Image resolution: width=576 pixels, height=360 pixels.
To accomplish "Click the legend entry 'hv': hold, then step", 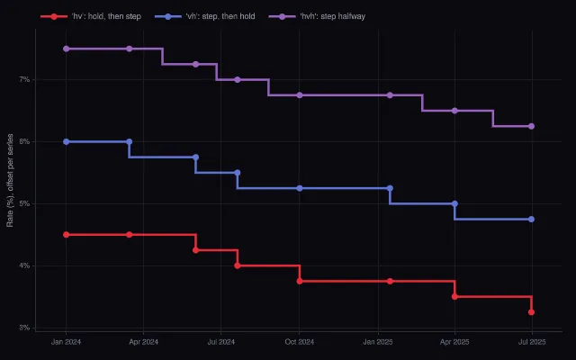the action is tap(91, 16).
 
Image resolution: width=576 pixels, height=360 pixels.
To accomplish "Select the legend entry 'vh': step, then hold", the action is tap(204, 16).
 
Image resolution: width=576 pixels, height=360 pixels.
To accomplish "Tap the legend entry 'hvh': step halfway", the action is tap(317, 16).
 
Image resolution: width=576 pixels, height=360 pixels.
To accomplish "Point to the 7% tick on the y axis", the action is tap(24, 80).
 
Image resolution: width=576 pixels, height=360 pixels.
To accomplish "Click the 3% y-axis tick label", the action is tap(24, 328).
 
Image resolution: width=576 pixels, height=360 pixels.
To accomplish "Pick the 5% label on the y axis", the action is tap(24, 204).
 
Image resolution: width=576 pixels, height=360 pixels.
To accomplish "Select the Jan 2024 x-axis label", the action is tap(66, 342).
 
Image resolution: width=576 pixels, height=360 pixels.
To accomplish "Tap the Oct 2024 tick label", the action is tap(300, 342).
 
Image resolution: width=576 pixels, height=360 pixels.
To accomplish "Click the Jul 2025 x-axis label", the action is tap(532, 342).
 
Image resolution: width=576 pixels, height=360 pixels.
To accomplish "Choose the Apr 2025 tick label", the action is tap(454, 342).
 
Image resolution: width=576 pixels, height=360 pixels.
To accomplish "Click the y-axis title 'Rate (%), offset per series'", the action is tap(10, 180).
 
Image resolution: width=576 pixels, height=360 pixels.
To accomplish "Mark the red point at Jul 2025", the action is tap(531, 312).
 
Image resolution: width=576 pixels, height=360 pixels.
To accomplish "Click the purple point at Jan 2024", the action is tap(66, 49).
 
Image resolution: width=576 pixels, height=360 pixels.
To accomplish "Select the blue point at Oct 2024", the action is tap(300, 188).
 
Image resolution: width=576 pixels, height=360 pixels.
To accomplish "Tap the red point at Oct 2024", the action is tap(300, 282).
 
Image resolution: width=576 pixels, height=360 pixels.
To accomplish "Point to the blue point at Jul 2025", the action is tap(531, 220).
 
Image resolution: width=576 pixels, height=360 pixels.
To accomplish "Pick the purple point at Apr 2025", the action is tap(454, 111).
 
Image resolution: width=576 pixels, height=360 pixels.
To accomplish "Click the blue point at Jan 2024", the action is tap(66, 142).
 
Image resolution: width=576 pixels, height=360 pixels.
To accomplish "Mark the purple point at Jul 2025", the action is tap(531, 126).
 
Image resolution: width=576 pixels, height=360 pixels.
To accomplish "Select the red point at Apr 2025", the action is tap(454, 297).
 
